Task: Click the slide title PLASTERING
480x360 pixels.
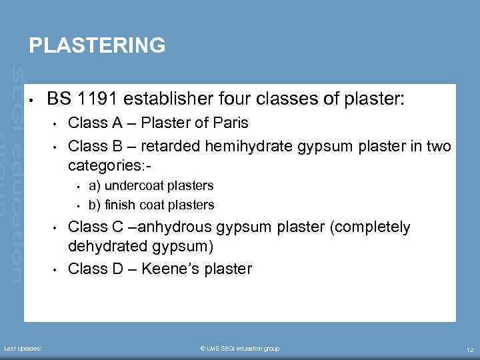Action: [x=97, y=45]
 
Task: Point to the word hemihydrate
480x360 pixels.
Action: [x=257, y=146]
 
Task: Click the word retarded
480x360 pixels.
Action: [x=177, y=146]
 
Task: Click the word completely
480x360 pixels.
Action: [x=370, y=227]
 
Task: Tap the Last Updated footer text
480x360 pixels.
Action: [x=23, y=349]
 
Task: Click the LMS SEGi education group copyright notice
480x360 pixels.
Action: [x=240, y=349]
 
